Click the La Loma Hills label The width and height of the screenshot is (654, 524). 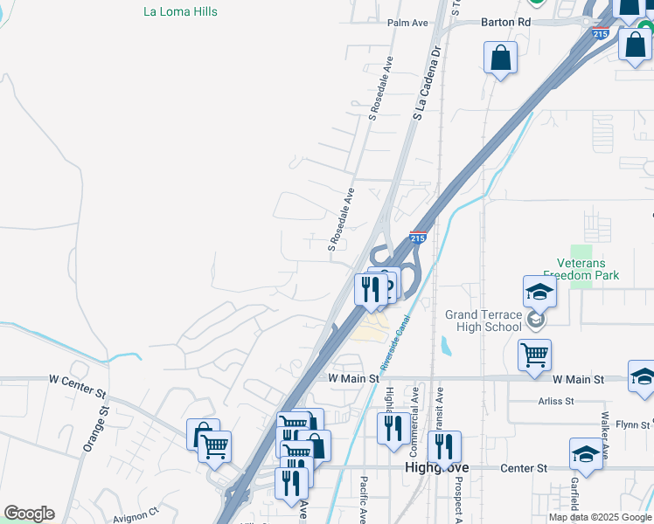tap(180, 12)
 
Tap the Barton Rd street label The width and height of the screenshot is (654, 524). tap(505, 22)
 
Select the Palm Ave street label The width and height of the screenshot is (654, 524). tap(405, 22)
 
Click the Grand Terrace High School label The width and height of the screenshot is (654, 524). tap(484, 321)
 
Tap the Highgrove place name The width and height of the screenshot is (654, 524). tap(437, 468)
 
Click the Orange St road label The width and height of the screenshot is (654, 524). tap(94, 428)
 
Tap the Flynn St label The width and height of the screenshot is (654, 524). tap(633, 424)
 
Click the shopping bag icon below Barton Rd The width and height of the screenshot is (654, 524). tap(501, 58)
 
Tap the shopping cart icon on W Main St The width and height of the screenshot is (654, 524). tap(535, 355)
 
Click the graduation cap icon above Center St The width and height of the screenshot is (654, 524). tap(586, 454)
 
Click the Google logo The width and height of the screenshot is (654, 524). tap(29, 514)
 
